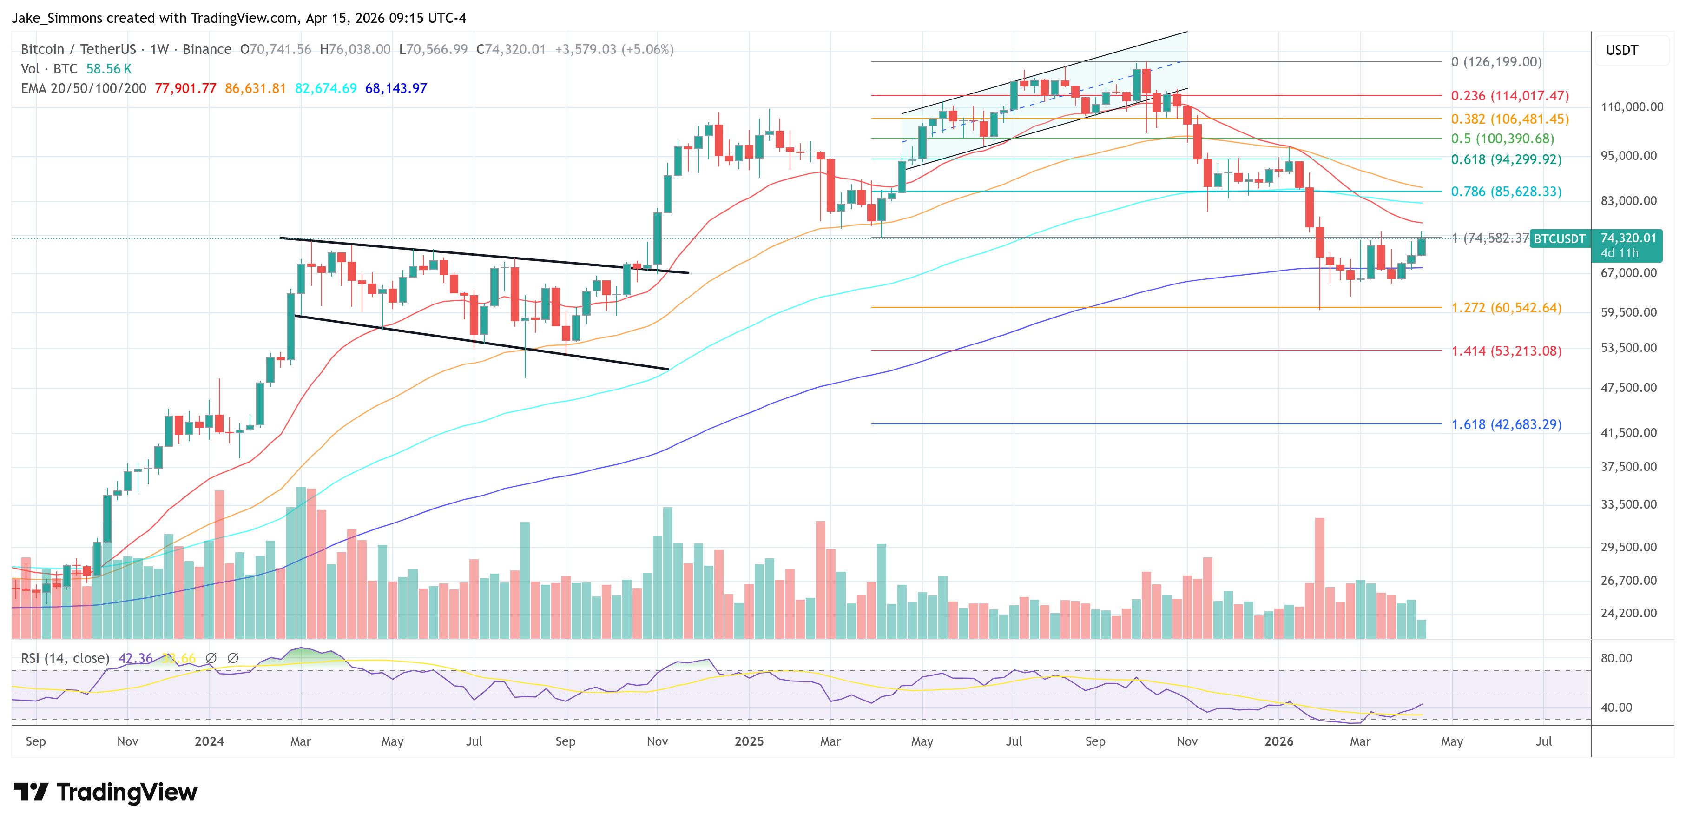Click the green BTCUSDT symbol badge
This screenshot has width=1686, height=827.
1559,239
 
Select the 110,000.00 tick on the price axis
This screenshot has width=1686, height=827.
1631,107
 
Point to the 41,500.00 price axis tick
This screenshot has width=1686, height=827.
1628,433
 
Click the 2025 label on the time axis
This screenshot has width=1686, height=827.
749,741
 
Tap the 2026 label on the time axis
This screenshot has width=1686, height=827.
1278,741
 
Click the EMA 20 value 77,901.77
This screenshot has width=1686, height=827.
185,88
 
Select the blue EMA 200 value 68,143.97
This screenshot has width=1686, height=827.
396,88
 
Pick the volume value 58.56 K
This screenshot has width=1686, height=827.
109,69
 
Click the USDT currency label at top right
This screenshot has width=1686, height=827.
1622,50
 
